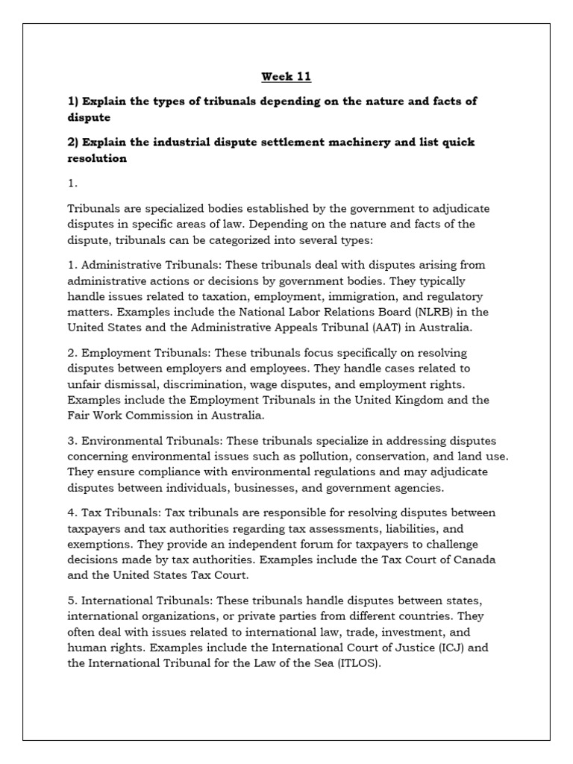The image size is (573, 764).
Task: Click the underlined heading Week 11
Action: tap(286, 76)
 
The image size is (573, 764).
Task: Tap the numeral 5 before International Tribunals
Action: tap(70, 601)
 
